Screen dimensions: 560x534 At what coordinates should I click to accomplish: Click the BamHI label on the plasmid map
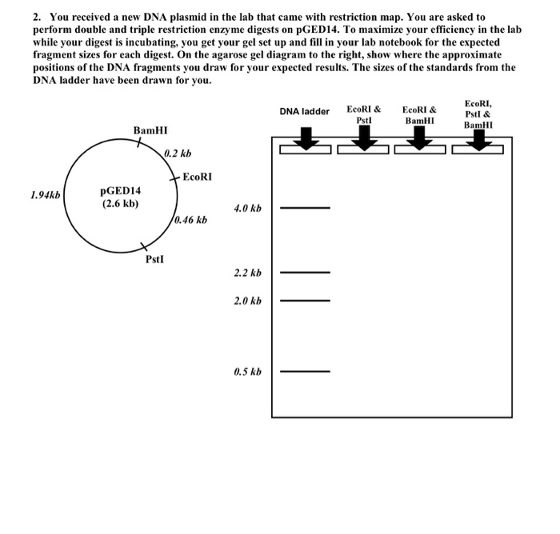click(150, 130)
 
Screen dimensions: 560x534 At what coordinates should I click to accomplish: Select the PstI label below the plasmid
click(157, 260)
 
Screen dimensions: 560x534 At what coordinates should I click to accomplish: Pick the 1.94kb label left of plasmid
click(45, 194)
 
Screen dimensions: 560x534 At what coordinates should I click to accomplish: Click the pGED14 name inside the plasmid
click(120, 191)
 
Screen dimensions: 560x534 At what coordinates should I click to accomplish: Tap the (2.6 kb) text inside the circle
click(120, 204)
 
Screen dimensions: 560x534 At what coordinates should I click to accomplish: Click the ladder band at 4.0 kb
click(304, 208)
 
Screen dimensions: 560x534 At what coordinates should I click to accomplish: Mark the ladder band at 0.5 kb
click(304, 372)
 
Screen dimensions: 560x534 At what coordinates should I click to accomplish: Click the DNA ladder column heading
click(304, 112)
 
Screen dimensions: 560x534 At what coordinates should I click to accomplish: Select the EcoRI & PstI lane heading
click(364, 114)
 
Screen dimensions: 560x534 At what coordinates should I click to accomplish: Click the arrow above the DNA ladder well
click(305, 140)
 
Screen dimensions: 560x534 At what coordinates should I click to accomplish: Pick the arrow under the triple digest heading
click(478, 140)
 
